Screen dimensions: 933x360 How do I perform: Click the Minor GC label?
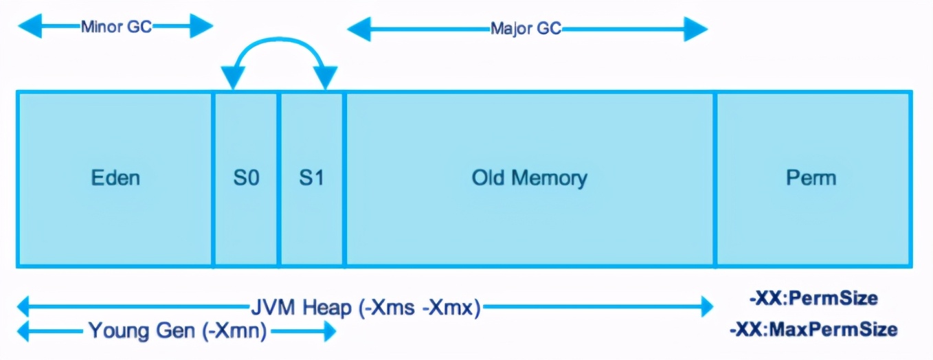click(x=116, y=27)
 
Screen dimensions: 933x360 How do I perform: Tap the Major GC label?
click(x=526, y=29)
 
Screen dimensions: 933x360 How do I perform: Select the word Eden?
click(x=115, y=178)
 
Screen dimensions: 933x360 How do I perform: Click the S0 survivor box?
click(x=246, y=179)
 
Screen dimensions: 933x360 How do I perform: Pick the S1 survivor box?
click(x=311, y=179)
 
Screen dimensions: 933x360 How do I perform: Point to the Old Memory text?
click(x=530, y=179)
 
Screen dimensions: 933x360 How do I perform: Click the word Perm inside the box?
click(x=811, y=178)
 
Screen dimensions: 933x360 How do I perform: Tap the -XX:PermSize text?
click(x=813, y=298)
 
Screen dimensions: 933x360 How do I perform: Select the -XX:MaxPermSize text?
click(x=813, y=330)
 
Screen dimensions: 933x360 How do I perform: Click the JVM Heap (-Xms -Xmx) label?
click(x=366, y=308)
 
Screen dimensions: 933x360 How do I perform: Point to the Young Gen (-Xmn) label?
click(x=177, y=331)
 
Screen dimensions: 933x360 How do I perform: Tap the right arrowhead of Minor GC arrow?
click(x=201, y=26)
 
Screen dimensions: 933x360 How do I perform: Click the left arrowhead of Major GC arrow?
click(x=359, y=29)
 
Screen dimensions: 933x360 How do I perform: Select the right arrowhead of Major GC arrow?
click(x=696, y=29)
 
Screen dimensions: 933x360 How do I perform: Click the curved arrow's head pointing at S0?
click(x=233, y=78)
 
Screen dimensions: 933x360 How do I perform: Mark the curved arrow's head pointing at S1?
click(x=325, y=78)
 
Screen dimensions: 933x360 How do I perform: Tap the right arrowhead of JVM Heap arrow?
click(x=707, y=306)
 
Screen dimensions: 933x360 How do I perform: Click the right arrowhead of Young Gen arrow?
click(x=330, y=332)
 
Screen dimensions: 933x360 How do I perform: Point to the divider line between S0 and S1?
click(x=279, y=179)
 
